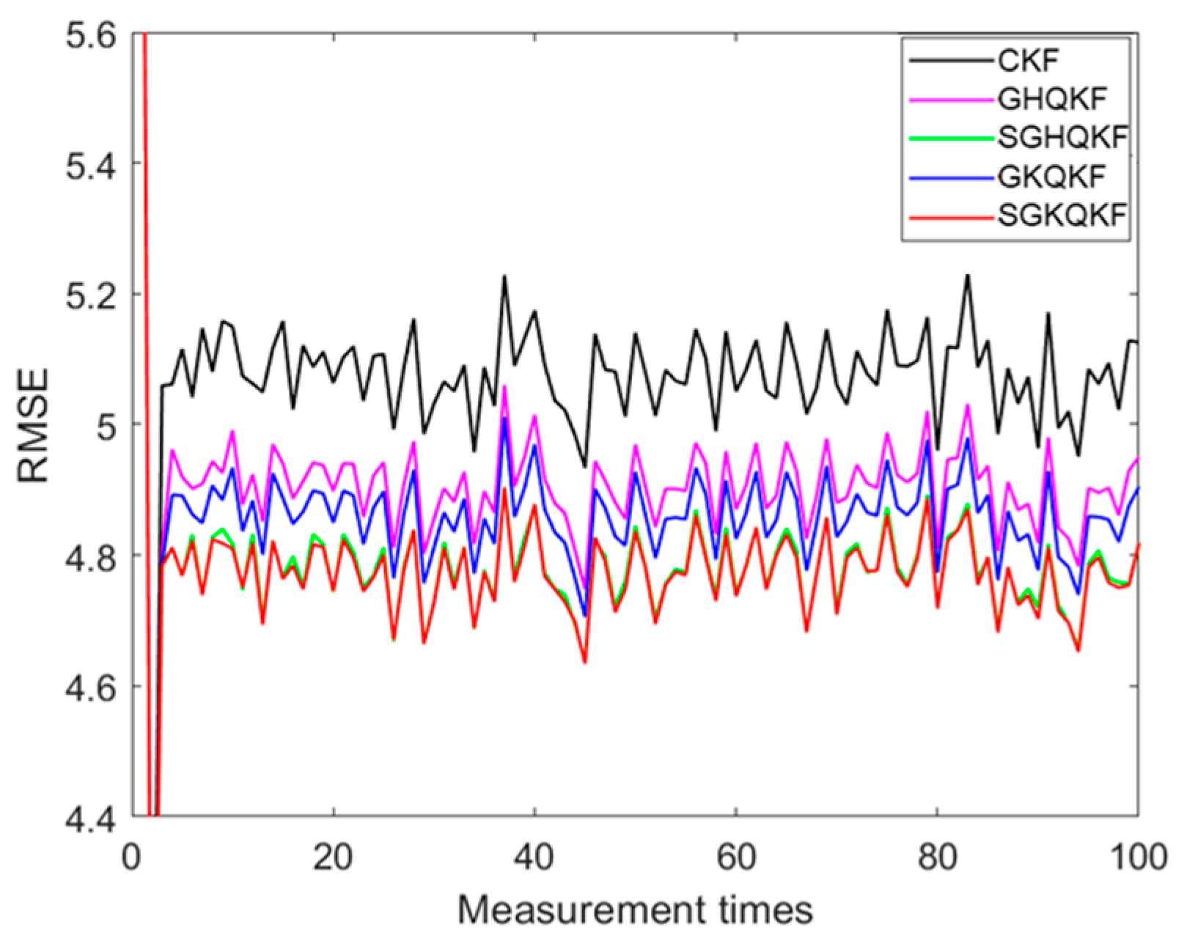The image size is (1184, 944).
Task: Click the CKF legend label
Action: (1029, 61)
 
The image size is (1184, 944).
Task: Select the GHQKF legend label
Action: (1050, 100)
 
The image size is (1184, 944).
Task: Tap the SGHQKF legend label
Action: (1062, 138)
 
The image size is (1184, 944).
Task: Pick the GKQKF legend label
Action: (1050, 177)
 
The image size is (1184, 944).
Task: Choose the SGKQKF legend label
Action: (1062, 216)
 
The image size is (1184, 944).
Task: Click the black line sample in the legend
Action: (953, 61)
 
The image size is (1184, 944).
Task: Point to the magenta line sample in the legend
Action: (953, 100)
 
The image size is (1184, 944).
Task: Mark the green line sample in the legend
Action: (953, 139)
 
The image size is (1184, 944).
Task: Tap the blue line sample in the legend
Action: (953, 177)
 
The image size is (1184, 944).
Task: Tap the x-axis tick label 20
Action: (333, 858)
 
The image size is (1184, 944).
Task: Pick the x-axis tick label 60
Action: (735, 858)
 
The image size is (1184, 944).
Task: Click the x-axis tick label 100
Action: (1136, 858)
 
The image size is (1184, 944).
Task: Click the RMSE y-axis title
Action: (33, 425)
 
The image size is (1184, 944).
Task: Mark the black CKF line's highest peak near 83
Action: (967, 275)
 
